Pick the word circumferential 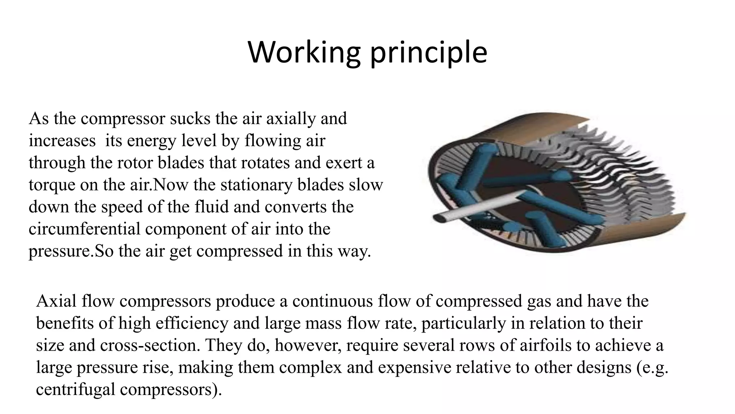point(84,229)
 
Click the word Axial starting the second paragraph point(56,301)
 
